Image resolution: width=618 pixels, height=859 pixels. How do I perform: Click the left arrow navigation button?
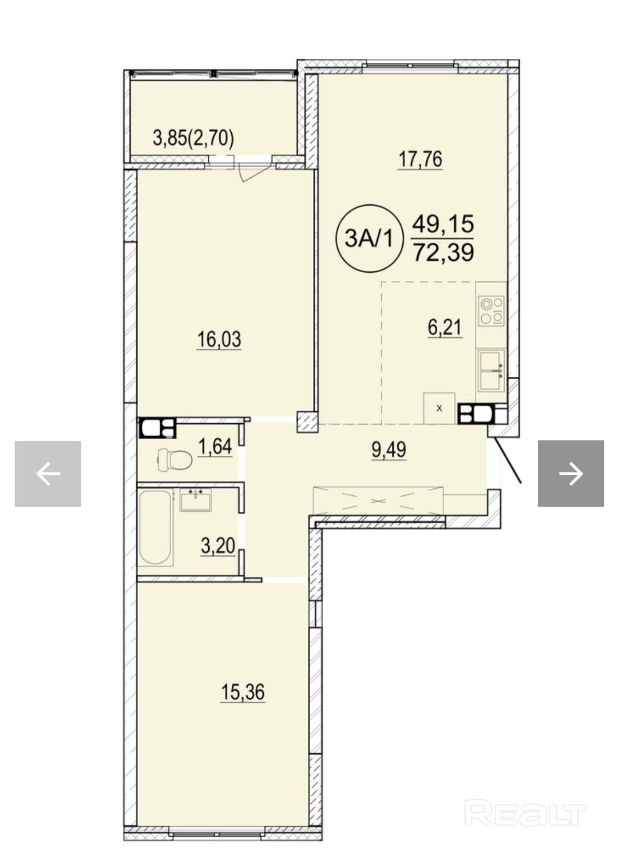tap(48, 474)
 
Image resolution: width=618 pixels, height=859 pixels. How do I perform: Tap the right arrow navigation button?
tap(571, 474)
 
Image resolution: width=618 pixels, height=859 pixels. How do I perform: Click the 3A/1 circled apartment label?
tap(370, 238)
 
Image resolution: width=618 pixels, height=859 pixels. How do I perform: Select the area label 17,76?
tap(421, 160)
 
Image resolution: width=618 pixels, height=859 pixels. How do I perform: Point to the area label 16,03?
tap(219, 340)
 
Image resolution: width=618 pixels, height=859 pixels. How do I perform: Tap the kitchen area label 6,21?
tap(445, 328)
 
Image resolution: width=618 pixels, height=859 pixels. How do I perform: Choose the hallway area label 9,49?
tap(389, 450)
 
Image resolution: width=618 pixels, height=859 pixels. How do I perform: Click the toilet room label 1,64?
tap(215, 447)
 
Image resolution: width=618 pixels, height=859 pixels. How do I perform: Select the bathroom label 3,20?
tap(218, 546)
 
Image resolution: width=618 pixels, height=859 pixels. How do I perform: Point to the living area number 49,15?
tap(443, 224)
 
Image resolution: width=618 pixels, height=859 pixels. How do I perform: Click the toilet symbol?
tap(175, 459)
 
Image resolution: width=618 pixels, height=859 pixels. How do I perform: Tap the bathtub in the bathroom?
tap(156, 528)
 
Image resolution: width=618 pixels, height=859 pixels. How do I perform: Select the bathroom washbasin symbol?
tap(196, 499)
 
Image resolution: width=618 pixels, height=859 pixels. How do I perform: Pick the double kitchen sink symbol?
tap(492, 371)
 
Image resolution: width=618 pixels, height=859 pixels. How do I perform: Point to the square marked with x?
tap(439, 408)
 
